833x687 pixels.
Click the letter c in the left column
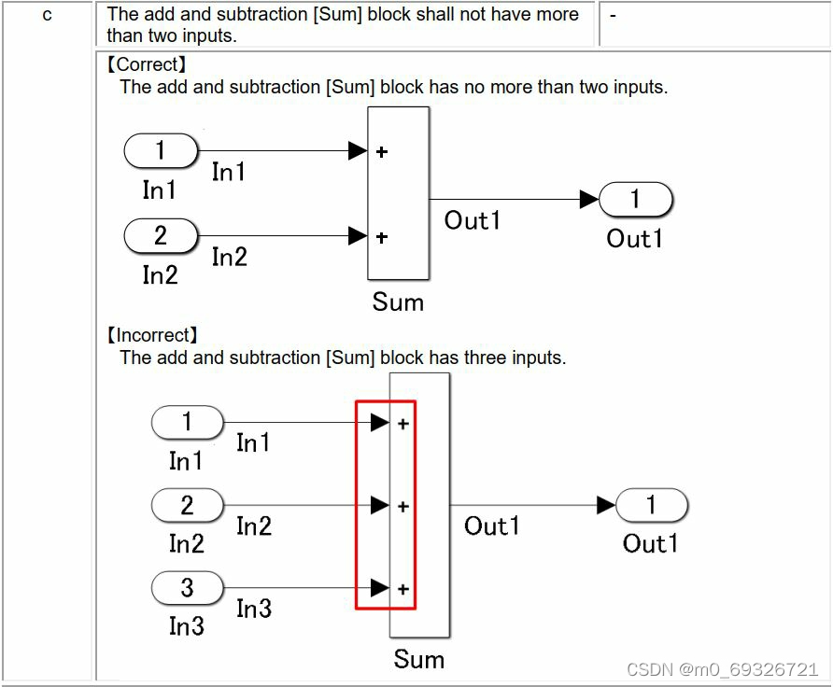(x=47, y=16)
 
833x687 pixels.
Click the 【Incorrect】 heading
(x=153, y=335)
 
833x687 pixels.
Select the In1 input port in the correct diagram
(x=161, y=150)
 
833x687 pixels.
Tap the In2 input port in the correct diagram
(x=161, y=236)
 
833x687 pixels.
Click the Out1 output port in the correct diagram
(x=635, y=199)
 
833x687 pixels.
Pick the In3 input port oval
(x=187, y=588)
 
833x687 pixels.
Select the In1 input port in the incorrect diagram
(x=187, y=423)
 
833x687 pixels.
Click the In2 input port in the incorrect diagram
(x=187, y=506)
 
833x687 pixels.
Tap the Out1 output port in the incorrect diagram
(x=651, y=505)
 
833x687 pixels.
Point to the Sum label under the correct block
(x=398, y=302)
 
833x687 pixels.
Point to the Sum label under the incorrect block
(x=418, y=659)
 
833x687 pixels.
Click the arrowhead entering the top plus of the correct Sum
(x=357, y=150)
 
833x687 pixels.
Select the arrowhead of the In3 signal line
(x=379, y=588)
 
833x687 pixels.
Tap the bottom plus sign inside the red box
(x=403, y=589)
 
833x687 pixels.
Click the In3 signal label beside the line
(x=254, y=610)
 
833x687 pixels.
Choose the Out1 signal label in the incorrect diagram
(x=492, y=526)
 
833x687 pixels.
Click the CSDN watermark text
(x=722, y=669)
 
